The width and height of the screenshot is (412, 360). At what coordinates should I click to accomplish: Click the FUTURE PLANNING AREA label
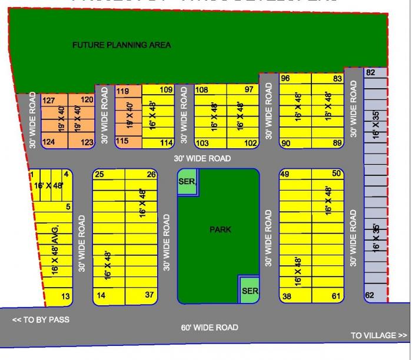click(122, 45)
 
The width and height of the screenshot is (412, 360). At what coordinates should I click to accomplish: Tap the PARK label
click(221, 229)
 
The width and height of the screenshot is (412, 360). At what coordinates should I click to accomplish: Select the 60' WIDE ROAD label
click(210, 327)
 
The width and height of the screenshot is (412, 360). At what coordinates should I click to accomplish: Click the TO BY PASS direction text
click(41, 320)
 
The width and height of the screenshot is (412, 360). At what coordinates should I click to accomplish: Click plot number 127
click(49, 101)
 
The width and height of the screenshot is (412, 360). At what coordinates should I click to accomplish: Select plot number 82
click(370, 72)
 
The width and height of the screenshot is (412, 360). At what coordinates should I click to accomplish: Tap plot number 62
click(370, 295)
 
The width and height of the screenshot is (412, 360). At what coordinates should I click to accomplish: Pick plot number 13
click(65, 296)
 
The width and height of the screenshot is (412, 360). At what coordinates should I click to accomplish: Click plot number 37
click(150, 295)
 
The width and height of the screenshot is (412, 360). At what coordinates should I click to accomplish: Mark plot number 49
click(285, 174)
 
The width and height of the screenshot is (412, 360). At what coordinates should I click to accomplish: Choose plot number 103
click(202, 143)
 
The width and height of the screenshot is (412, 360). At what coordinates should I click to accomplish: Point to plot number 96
click(285, 78)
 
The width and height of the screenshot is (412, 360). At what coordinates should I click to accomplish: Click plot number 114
click(166, 142)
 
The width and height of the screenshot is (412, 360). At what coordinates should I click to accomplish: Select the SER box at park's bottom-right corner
click(250, 291)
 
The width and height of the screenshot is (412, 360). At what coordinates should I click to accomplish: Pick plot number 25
click(99, 174)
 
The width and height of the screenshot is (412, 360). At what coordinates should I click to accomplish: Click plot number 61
click(337, 296)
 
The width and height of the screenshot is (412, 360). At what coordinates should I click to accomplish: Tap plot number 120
click(87, 100)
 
